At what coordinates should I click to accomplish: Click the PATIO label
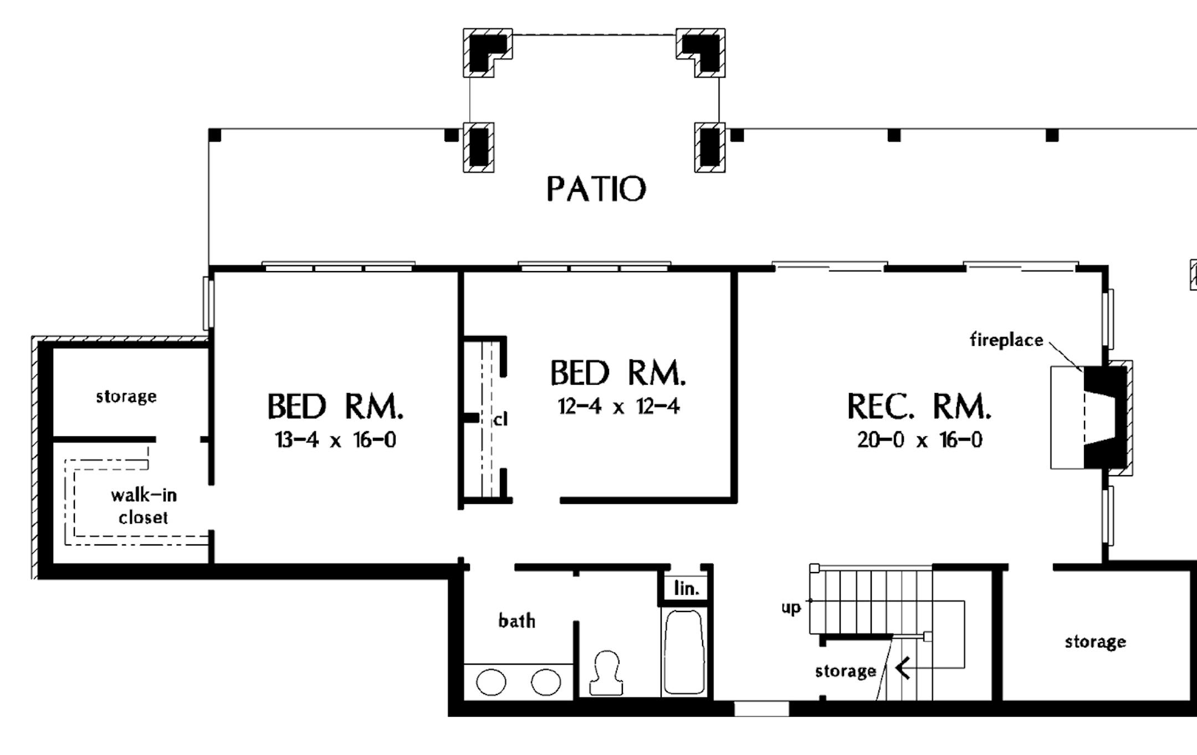pyautogui.click(x=596, y=188)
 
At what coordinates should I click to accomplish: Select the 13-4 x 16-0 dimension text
pyautogui.click(x=335, y=440)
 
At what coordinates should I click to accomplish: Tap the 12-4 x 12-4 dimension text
pyautogui.click(x=618, y=406)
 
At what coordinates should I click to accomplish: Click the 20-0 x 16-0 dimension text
pyautogui.click(x=919, y=440)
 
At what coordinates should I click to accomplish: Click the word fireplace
pyautogui.click(x=1006, y=340)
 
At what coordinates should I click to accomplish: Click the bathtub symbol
pyautogui.click(x=684, y=652)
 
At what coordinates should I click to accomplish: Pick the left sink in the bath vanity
pyautogui.click(x=491, y=682)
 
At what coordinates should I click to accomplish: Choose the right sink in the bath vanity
pyautogui.click(x=546, y=682)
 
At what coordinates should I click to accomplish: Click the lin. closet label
pyautogui.click(x=686, y=589)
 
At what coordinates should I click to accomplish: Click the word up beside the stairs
pyautogui.click(x=791, y=608)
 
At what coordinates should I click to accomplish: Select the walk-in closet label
pyautogui.click(x=144, y=506)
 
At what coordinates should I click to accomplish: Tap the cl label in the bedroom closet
pyautogui.click(x=500, y=420)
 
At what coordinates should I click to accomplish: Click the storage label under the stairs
pyautogui.click(x=845, y=671)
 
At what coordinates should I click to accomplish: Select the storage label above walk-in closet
pyautogui.click(x=126, y=396)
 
